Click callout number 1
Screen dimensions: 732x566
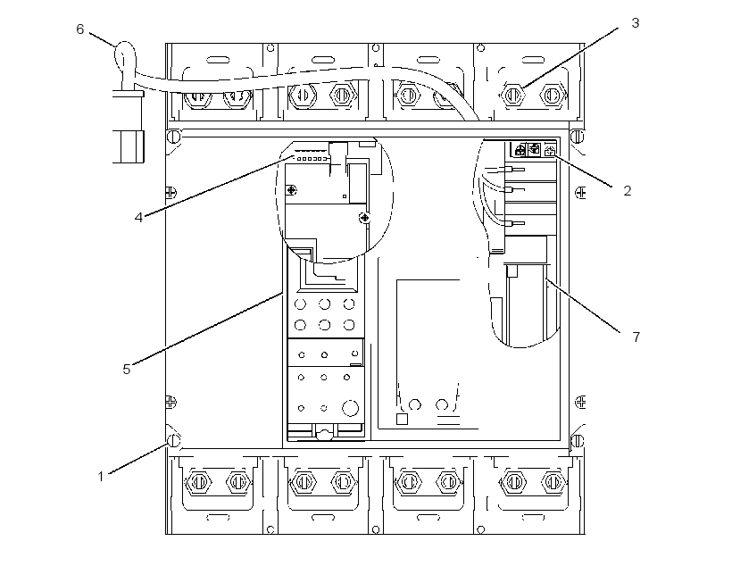pos(101,477)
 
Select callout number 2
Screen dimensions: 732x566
pos(627,190)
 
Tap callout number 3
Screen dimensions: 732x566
pos(635,23)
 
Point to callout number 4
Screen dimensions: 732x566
pos(138,217)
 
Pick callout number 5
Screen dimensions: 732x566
pos(127,370)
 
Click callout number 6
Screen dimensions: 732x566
pos(79,29)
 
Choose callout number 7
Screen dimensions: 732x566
pos(636,337)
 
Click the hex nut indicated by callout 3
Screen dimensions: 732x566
pos(512,95)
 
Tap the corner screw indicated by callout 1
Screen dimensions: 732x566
pos(174,440)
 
